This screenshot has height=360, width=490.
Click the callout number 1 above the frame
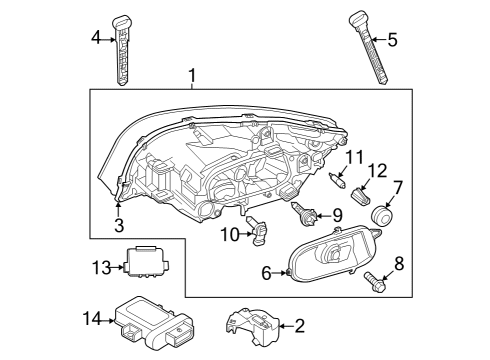[192, 76]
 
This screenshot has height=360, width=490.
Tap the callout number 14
[92, 319]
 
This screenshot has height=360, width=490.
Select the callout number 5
[392, 40]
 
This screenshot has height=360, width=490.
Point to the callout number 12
[377, 170]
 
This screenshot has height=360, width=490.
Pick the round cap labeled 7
[381, 216]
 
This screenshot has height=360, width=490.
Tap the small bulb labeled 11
[338, 180]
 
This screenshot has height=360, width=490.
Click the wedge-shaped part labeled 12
[361, 195]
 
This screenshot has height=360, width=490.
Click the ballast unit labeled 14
[155, 323]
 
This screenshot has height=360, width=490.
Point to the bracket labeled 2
[253, 327]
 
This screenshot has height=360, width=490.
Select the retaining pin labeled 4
[122, 50]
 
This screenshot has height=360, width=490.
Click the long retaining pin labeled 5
[369, 48]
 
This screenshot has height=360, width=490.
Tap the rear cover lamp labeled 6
[333, 253]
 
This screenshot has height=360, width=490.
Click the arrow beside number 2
[286, 326]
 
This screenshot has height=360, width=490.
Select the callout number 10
[230, 234]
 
